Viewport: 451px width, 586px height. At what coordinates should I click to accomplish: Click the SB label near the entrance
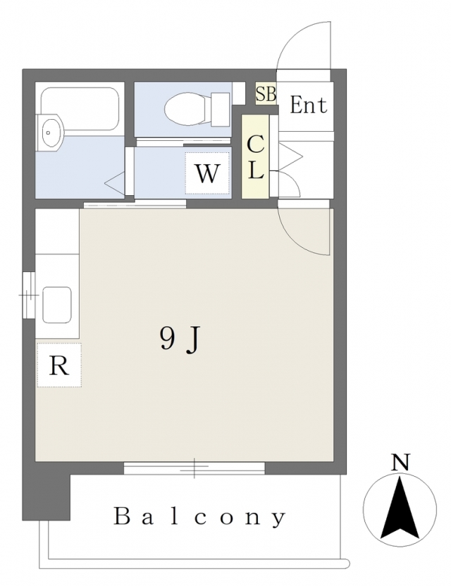point(266,94)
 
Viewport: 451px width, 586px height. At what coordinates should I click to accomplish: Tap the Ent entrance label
point(308,105)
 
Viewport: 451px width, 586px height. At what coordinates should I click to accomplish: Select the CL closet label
point(255,157)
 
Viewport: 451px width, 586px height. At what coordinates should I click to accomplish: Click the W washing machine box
point(206,173)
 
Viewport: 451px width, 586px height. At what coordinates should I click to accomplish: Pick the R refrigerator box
point(59,365)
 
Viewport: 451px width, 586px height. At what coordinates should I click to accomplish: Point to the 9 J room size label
point(181,339)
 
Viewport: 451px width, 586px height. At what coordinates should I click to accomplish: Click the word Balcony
point(199,517)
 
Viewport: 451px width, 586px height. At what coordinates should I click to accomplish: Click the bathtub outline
point(80,109)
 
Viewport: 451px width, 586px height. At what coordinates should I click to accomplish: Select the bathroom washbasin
point(51,132)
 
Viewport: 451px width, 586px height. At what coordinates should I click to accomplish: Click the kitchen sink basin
point(57,304)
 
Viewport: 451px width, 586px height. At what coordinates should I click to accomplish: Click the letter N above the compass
point(400,462)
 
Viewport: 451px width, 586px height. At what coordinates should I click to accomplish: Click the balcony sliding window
point(194,468)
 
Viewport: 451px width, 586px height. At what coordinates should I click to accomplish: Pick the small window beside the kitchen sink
point(28,295)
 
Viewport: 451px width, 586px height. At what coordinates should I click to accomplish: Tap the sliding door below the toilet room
point(183,142)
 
